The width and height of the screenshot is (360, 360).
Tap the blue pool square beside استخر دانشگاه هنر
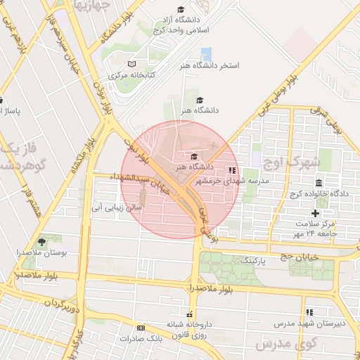pos(206,54)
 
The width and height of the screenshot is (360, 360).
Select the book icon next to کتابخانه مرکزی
pos(131,64)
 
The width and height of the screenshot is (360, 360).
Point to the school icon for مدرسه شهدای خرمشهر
pos(232,170)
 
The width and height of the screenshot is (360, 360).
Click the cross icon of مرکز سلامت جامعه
pos(315,213)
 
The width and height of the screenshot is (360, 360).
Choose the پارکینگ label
pos(254,260)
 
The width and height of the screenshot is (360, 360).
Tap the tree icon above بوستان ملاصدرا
pos(41,242)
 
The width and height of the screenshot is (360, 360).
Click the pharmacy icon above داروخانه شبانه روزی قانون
pos(188,314)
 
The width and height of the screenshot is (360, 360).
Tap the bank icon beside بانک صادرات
pos(141,328)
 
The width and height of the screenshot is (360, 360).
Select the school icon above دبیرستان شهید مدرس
pos(309,311)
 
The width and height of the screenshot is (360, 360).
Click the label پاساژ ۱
pos(12,111)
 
